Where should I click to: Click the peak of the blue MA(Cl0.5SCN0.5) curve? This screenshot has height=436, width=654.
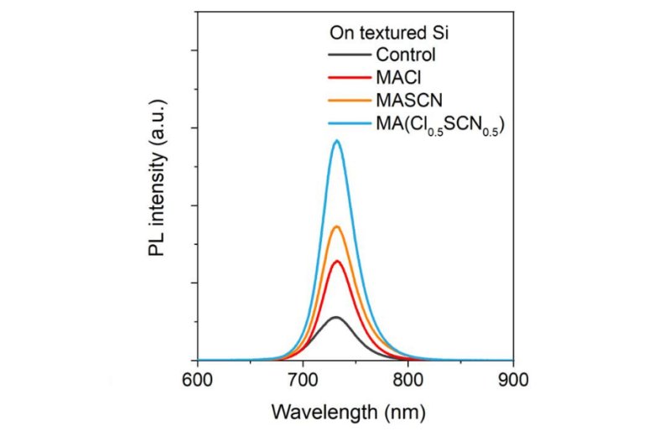[x=337, y=141]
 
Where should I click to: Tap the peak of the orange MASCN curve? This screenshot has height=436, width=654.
[x=337, y=226]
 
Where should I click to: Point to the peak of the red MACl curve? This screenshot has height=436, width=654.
[x=337, y=261]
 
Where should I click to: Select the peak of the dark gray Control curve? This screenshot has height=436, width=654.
[x=336, y=317]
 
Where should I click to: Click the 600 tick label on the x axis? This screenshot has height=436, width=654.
[x=197, y=378]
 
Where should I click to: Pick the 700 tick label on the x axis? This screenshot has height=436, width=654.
[x=303, y=378]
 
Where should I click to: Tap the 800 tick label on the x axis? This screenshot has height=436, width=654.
[x=407, y=378]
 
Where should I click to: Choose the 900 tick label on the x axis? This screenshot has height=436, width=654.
[x=513, y=378]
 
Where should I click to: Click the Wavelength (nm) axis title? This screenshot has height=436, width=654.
[x=348, y=412]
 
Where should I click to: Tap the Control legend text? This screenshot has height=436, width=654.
[x=406, y=56]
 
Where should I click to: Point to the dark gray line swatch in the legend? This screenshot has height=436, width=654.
[x=347, y=56]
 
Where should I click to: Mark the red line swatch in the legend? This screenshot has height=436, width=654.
[x=347, y=79]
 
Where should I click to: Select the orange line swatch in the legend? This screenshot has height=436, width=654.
[x=347, y=101]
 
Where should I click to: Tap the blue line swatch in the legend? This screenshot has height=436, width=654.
[x=347, y=124]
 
